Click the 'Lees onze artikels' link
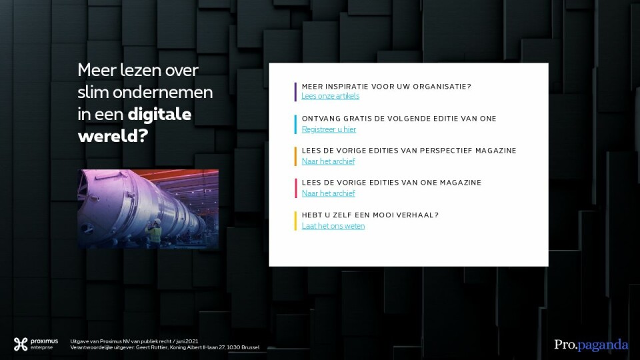click(x=330, y=96)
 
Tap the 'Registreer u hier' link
click(x=329, y=129)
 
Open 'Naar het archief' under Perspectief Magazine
click(x=328, y=161)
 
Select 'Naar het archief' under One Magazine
click(x=328, y=193)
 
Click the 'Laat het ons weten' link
click(x=333, y=226)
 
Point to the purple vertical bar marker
click(x=295, y=92)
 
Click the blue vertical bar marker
click(x=295, y=125)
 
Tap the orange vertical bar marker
click(x=295, y=156)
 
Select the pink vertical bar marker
click(x=295, y=188)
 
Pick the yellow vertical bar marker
click(x=295, y=221)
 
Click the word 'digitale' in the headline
click(x=159, y=114)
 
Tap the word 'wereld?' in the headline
click(x=113, y=136)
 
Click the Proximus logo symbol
click(x=21, y=344)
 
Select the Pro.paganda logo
click(x=591, y=345)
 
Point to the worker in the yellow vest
click(x=154, y=233)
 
